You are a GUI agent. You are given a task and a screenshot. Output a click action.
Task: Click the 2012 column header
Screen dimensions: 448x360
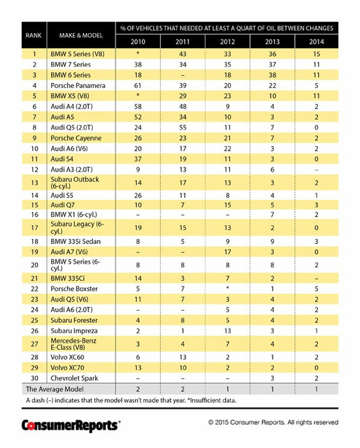[x=227, y=42]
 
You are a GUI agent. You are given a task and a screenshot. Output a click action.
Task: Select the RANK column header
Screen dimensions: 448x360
[x=34, y=35]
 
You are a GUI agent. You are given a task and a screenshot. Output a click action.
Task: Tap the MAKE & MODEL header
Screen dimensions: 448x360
[x=80, y=35]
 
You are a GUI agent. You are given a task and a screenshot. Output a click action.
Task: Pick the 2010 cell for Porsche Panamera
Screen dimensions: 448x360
[x=138, y=86]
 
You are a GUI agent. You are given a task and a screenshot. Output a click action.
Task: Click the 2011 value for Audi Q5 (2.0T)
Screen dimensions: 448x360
[x=182, y=128]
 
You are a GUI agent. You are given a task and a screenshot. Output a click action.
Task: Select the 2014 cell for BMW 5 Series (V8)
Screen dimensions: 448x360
[x=317, y=54]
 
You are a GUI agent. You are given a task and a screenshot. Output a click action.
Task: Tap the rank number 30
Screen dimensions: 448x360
[x=34, y=378]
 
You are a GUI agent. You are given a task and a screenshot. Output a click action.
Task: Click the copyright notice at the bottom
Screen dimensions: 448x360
[x=273, y=422]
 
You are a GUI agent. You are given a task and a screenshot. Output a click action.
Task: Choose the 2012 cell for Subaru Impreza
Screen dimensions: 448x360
[x=227, y=330]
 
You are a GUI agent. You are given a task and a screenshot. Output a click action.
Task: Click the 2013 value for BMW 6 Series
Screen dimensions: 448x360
[x=272, y=75]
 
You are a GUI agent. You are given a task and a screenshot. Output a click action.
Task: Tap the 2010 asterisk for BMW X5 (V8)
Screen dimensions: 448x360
[x=138, y=96]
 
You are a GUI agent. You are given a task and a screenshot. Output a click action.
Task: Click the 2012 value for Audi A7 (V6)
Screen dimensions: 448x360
[x=227, y=252]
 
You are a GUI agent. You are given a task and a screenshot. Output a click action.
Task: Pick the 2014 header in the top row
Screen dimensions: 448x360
[x=317, y=42]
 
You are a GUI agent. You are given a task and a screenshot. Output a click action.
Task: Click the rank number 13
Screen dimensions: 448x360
[x=34, y=182]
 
